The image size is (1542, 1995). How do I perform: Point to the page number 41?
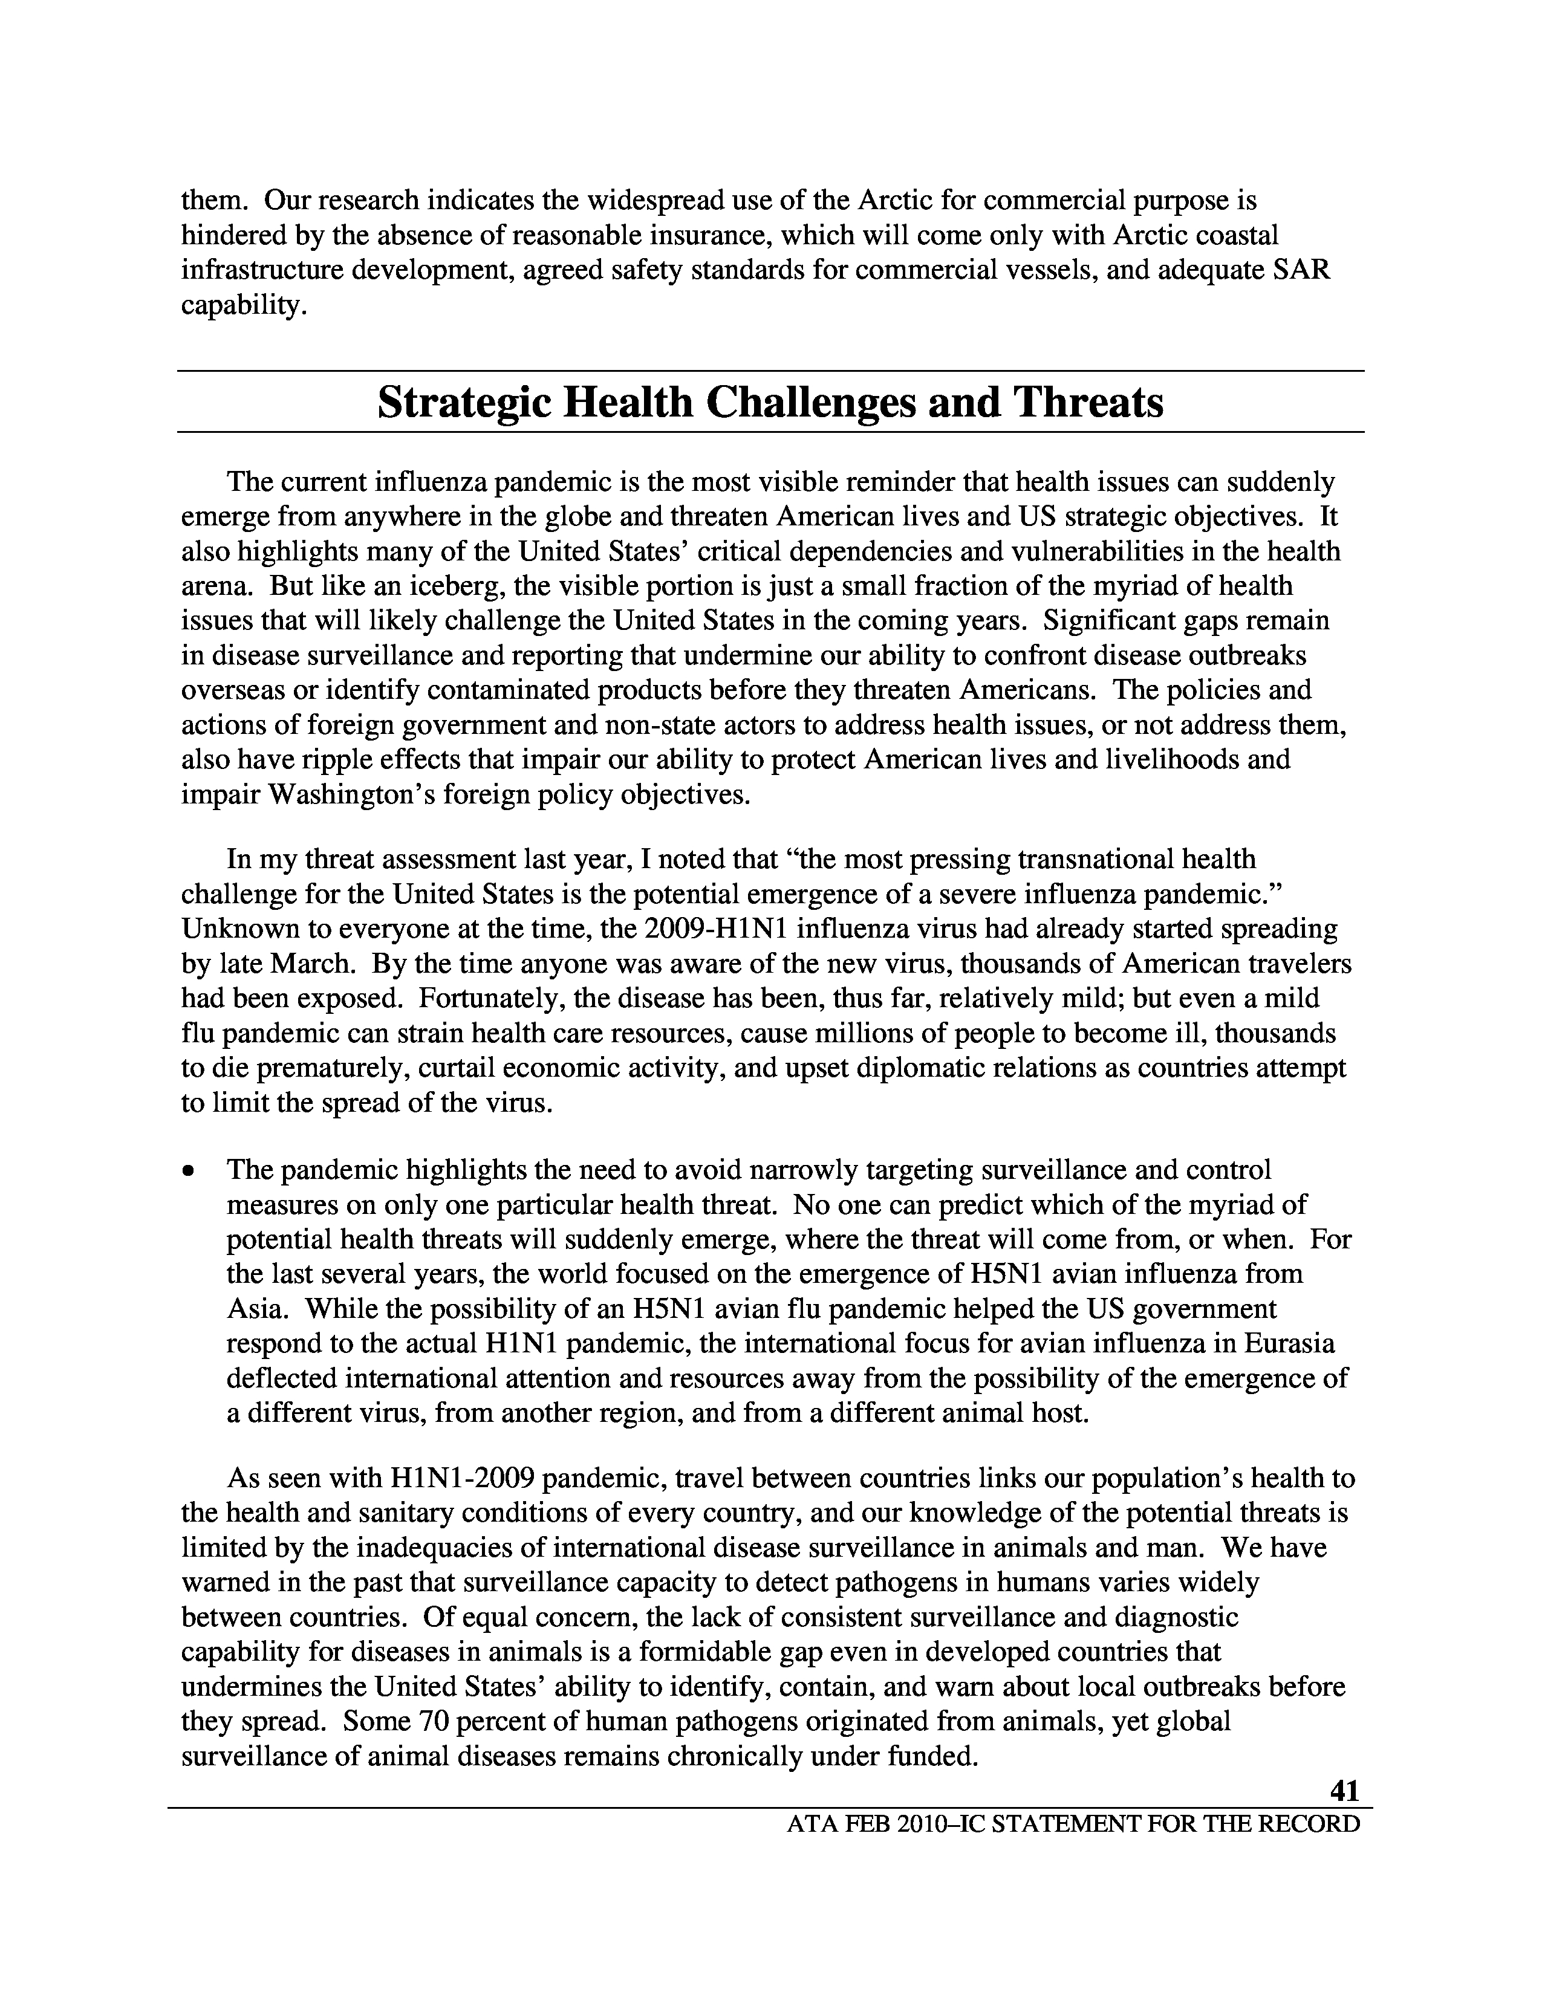pyautogui.click(x=1344, y=1791)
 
